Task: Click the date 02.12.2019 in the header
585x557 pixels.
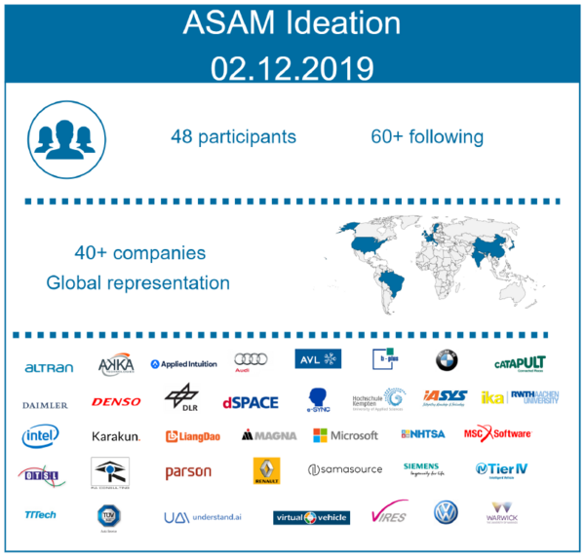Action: coord(292,67)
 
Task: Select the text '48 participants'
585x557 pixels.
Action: coord(232,136)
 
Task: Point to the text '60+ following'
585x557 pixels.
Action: coord(426,136)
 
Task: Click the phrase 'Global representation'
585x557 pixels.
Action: coord(137,283)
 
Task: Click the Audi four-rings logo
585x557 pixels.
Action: coord(252,361)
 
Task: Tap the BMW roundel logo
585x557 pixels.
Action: coord(446,360)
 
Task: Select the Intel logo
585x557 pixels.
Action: coord(41,435)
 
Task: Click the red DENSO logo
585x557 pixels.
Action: coord(116,401)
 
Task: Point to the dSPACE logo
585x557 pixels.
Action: coord(250,401)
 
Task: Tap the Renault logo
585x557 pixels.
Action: coord(266,471)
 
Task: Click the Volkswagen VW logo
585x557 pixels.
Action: coord(446,512)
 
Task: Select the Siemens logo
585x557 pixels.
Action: coord(421,468)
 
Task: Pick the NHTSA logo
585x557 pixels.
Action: coord(422,434)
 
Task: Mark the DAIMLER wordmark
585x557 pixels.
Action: coord(45,403)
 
